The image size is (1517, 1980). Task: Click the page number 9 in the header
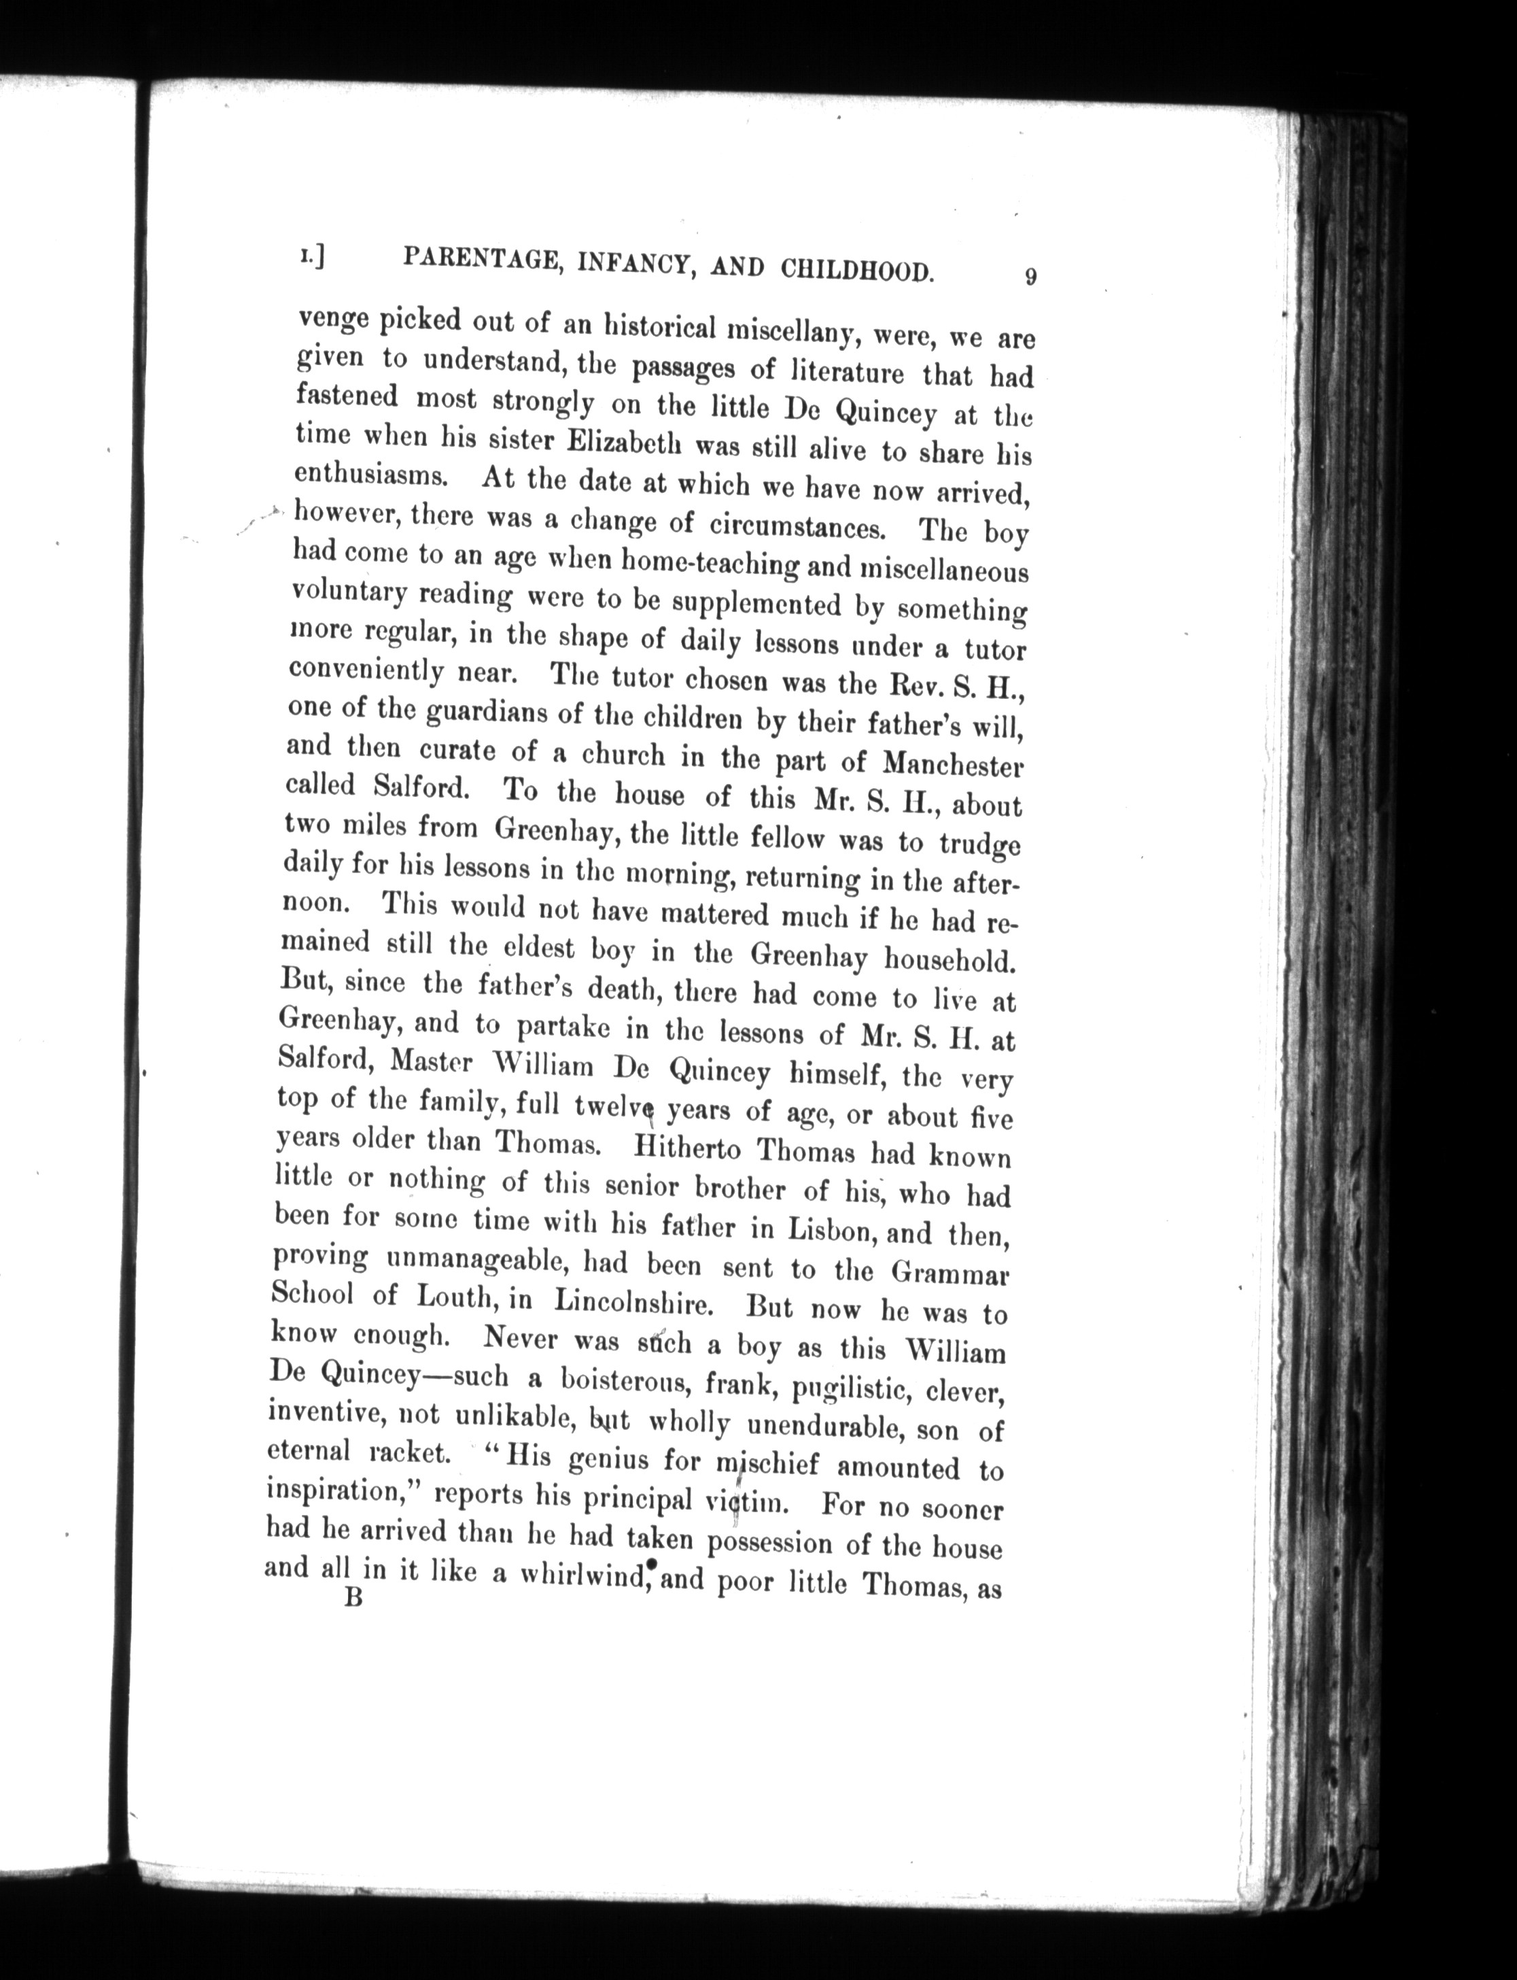click(x=1030, y=277)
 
